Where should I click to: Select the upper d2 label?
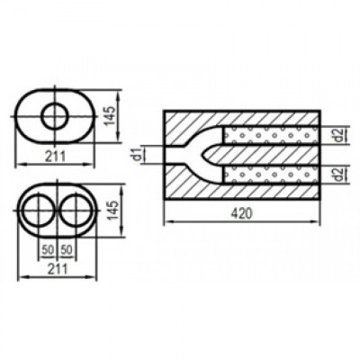tap(335, 136)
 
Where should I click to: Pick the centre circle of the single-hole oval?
tap(56, 115)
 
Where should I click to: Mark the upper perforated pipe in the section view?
tap(270, 136)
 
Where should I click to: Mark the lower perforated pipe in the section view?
tap(270, 175)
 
